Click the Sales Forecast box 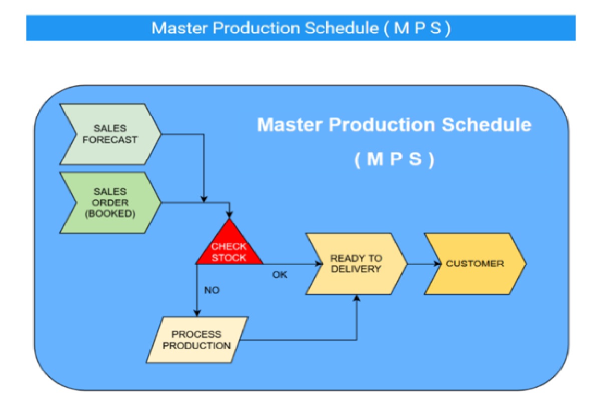coord(110,134)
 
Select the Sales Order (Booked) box coord(110,203)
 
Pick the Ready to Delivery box coord(356,263)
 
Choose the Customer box coord(475,263)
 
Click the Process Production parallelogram coord(197,339)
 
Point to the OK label coord(279,275)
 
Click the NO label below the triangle coord(212,290)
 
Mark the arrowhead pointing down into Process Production coord(197,312)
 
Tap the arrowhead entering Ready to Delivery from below coord(357,298)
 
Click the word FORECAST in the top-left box coord(110,139)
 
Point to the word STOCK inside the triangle coord(229,258)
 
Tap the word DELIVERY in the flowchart coord(356,269)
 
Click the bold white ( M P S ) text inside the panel coord(394,159)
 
